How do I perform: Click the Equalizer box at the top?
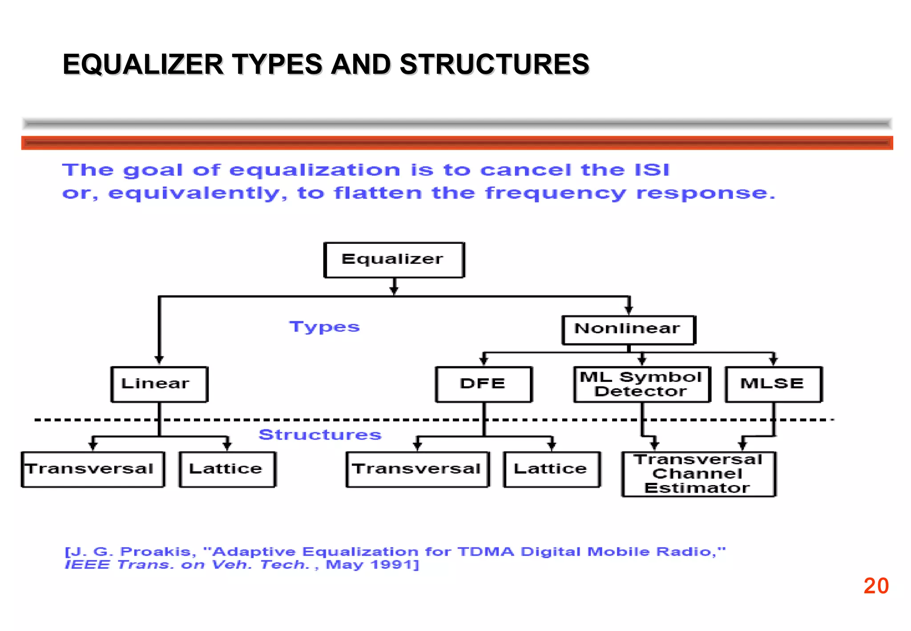[x=394, y=260]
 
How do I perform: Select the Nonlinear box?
[x=628, y=330]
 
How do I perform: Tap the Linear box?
[x=159, y=384]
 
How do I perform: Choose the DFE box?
[x=484, y=384]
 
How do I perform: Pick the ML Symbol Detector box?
[x=641, y=384]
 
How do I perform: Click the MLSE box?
[x=773, y=384]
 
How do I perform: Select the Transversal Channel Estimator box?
[x=698, y=474]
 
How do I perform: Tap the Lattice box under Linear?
[x=227, y=469]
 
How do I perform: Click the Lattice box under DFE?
[x=552, y=469]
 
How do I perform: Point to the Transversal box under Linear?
[x=93, y=469]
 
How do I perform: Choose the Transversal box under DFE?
[x=417, y=469]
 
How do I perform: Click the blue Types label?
[x=324, y=327]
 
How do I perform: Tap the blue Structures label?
[x=320, y=435]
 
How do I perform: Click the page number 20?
[x=876, y=586]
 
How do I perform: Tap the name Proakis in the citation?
[x=158, y=552]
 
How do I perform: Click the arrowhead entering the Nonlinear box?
[x=629, y=311]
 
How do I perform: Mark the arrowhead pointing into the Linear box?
[x=159, y=360]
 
